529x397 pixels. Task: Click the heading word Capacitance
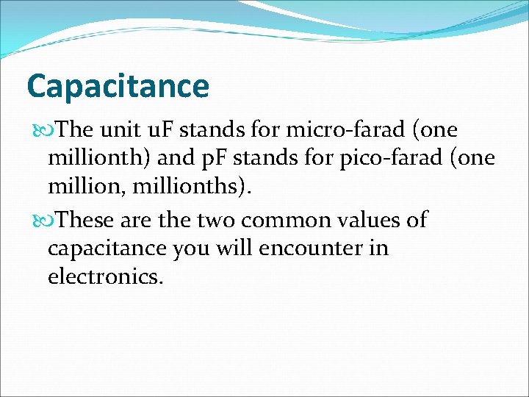[x=118, y=87]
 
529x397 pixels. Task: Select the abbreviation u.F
[x=162, y=131]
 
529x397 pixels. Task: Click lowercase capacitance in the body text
[x=106, y=248]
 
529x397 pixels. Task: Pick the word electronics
[x=106, y=276]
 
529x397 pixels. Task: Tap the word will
[x=233, y=248]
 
